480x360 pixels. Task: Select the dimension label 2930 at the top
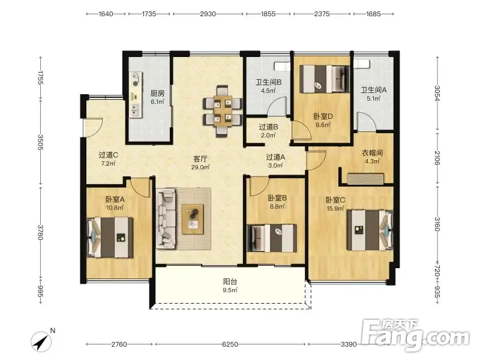[208, 14]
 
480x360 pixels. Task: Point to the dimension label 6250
[230, 344]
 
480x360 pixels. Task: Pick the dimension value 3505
[40, 142]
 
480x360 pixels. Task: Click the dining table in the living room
[223, 111]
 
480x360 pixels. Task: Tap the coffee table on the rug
[193, 219]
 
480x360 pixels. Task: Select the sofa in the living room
[166, 218]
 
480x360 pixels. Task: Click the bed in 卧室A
[110, 237]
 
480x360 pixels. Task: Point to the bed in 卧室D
[325, 79]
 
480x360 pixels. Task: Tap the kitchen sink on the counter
[135, 110]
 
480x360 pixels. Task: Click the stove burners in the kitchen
[136, 80]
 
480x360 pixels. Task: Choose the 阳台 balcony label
[230, 281]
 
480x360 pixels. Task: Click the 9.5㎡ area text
[230, 290]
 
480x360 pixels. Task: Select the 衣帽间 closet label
[372, 153]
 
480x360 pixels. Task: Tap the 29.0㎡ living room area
[200, 167]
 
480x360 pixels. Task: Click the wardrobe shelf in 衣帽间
[365, 179]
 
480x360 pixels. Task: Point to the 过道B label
[268, 127]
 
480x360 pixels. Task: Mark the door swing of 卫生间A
[367, 122]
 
